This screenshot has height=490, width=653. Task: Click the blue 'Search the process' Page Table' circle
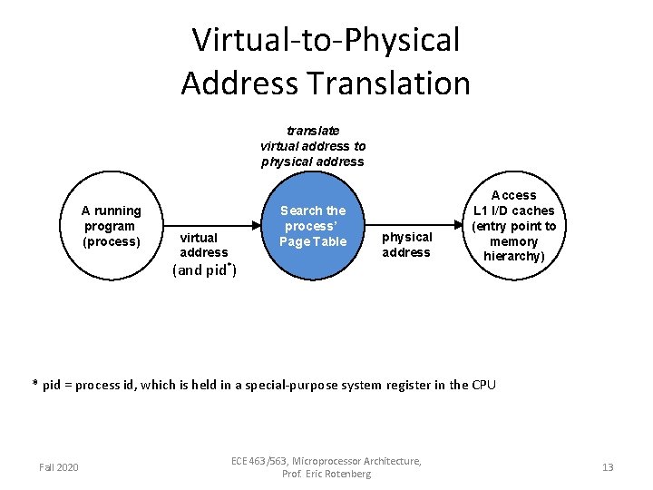tap(313, 226)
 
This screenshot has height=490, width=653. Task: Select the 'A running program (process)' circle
tap(112, 226)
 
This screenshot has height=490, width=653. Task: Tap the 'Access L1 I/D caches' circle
tap(514, 226)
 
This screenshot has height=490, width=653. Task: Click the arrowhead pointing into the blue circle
tap(257, 226)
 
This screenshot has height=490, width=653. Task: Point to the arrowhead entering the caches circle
tap(458, 226)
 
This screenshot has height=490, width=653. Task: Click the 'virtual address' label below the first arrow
tap(204, 245)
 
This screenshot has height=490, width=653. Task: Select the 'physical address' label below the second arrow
tap(406, 245)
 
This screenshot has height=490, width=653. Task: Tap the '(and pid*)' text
tap(204, 269)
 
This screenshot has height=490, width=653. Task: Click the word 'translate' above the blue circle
tap(313, 131)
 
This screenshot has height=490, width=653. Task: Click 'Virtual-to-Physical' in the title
tap(326, 40)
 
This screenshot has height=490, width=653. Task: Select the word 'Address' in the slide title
tap(238, 83)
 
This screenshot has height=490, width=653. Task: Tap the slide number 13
tap(608, 467)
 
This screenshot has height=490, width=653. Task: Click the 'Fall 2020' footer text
tap(59, 467)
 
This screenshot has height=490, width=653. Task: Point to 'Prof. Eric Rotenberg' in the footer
tap(326, 474)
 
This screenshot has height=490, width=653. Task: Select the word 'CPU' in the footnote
tap(483, 385)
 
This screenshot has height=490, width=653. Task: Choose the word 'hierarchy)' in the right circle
tap(514, 257)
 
